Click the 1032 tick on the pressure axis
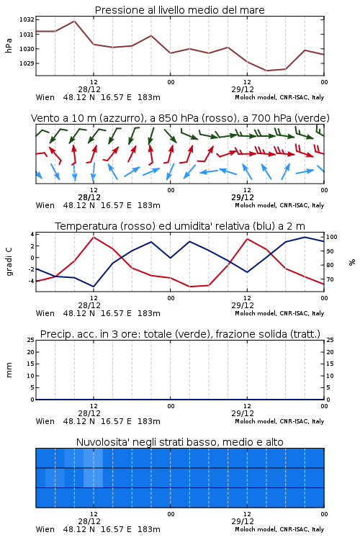[27, 19]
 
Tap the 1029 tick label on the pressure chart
[27, 63]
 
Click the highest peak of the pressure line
[74, 21]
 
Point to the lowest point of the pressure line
[266, 71]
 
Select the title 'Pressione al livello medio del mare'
[180, 10]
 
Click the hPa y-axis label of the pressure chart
[9, 45]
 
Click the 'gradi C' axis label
[9, 261]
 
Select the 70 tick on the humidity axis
[330, 279]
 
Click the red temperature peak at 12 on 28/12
[94, 237]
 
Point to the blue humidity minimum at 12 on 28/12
[94, 287]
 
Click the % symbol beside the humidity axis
[352, 262]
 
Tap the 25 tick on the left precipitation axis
[31, 340]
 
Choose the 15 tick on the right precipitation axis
[330, 364]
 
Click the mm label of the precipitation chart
[9, 370]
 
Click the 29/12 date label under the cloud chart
[243, 521]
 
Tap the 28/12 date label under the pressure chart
[89, 89]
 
